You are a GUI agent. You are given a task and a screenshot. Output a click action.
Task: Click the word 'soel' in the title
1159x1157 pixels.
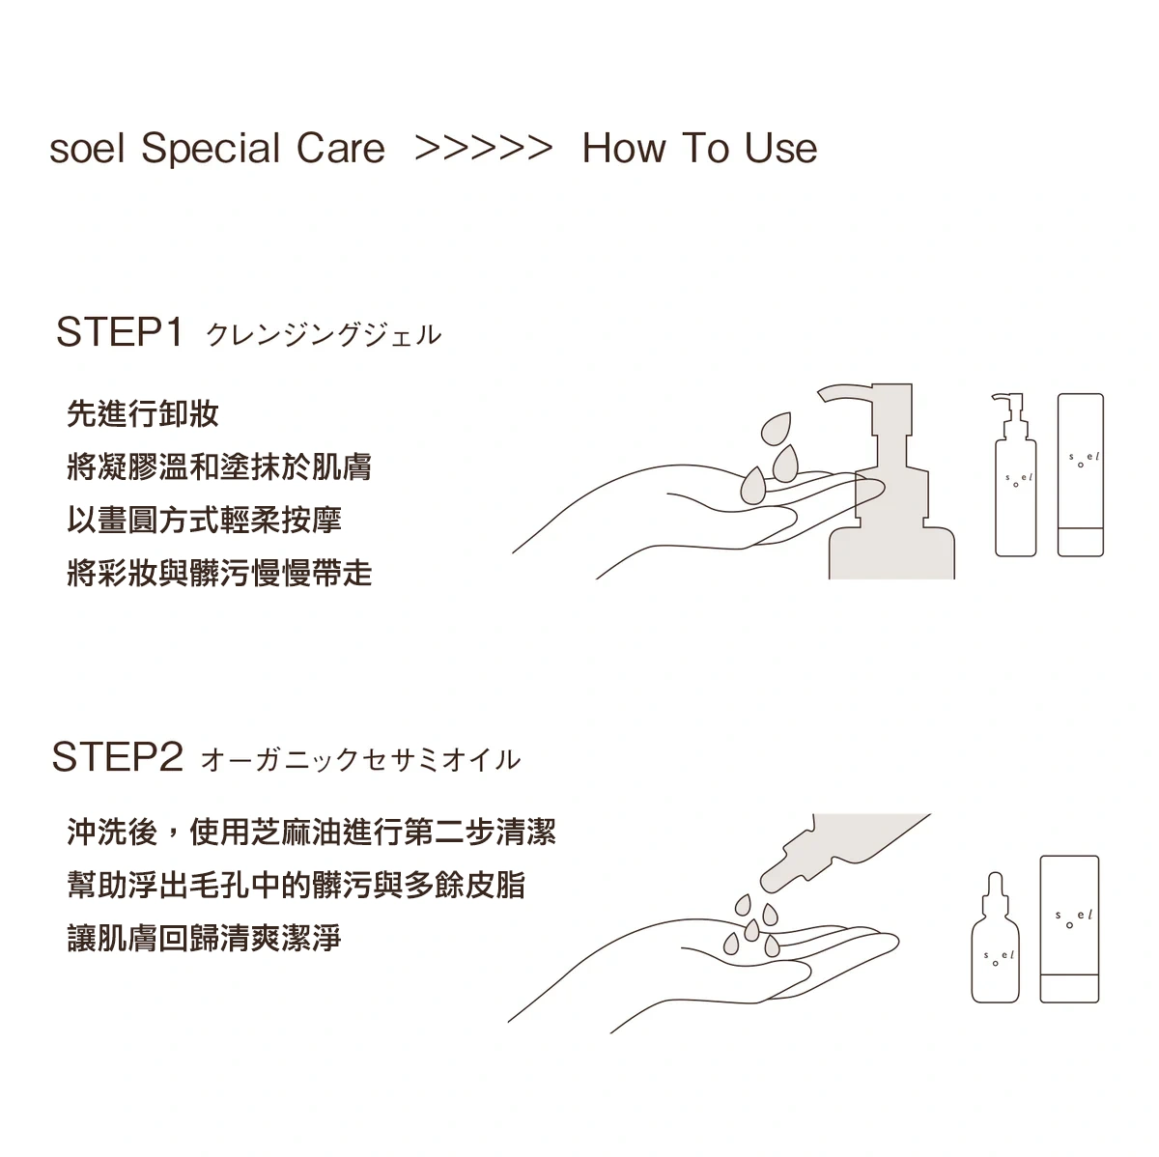coord(88,149)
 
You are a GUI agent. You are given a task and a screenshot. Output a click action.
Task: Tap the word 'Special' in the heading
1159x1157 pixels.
coord(212,150)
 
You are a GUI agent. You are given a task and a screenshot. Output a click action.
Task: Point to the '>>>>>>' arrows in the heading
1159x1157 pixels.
coord(484,149)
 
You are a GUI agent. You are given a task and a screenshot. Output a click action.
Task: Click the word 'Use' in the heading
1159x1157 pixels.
coord(780,149)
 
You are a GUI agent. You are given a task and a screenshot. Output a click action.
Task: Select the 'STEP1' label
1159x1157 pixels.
coord(119,332)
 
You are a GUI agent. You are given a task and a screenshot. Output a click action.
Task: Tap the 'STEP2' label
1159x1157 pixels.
coord(118,757)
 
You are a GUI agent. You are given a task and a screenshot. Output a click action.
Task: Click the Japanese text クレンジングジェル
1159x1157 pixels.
coord(324,335)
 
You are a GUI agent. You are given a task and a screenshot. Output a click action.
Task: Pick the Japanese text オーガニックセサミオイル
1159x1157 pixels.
coord(360,760)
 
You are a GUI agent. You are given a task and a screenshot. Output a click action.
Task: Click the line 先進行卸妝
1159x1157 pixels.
coord(143,414)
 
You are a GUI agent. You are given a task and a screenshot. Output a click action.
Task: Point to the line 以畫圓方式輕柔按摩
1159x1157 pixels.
coord(205,520)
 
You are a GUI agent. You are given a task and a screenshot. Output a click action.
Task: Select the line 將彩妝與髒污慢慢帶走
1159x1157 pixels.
coord(219,573)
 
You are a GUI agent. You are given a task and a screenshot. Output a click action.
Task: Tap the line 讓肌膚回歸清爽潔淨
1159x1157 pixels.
coord(205,938)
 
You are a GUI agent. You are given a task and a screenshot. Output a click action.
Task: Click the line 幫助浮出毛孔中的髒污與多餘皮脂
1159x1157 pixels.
coord(297,885)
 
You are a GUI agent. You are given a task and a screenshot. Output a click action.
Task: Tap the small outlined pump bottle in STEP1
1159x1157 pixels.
coord(1015,475)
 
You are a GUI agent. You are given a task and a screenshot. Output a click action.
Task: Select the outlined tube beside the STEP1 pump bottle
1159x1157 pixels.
coord(1081,475)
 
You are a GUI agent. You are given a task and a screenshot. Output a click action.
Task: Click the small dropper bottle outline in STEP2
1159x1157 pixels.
coord(996,938)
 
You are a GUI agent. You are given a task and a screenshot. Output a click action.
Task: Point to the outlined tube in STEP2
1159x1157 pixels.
coord(1069,929)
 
